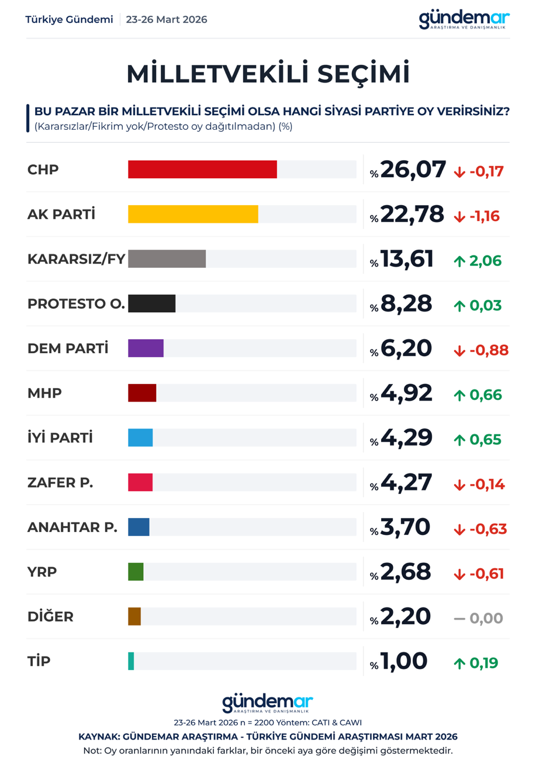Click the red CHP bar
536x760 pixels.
click(202, 170)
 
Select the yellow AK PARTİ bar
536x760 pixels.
click(193, 214)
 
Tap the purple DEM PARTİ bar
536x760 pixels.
click(146, 348)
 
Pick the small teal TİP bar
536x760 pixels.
click(132, 661)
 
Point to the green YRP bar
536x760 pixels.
click(136, 572)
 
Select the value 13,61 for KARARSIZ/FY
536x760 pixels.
click(407, 259)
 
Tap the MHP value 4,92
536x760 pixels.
click(406, 393)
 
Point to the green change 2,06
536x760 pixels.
click(485, 261)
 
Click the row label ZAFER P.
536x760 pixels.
click(60, 483)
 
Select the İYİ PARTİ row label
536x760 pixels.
click(60, 438)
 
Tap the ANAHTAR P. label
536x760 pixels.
click(72, 527)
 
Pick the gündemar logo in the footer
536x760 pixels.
click(268, 704)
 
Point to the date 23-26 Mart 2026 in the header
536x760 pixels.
click(167, 20)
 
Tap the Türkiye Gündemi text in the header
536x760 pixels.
click(69, 20)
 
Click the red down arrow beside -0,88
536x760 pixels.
click(459, 351)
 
